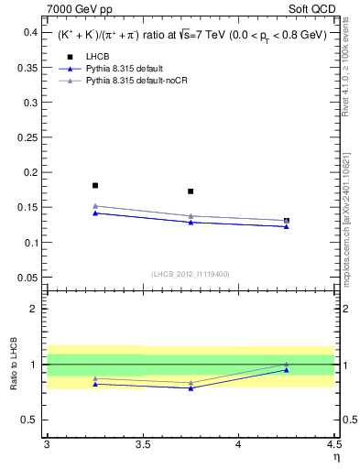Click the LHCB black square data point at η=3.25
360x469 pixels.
pos(94,185)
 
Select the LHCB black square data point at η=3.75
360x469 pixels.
pos(191,191)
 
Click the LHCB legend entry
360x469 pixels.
pos(97,56)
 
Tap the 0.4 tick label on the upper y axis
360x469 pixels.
pos(30,32)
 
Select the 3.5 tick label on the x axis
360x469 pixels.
pos(142,444)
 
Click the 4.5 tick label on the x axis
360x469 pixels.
pos(333,444)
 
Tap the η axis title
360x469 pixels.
pos(335,456)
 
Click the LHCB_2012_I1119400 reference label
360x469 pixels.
pos(191,274)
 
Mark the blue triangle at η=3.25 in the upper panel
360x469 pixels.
pos(94,213)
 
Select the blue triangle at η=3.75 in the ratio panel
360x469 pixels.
pos(191,387)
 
